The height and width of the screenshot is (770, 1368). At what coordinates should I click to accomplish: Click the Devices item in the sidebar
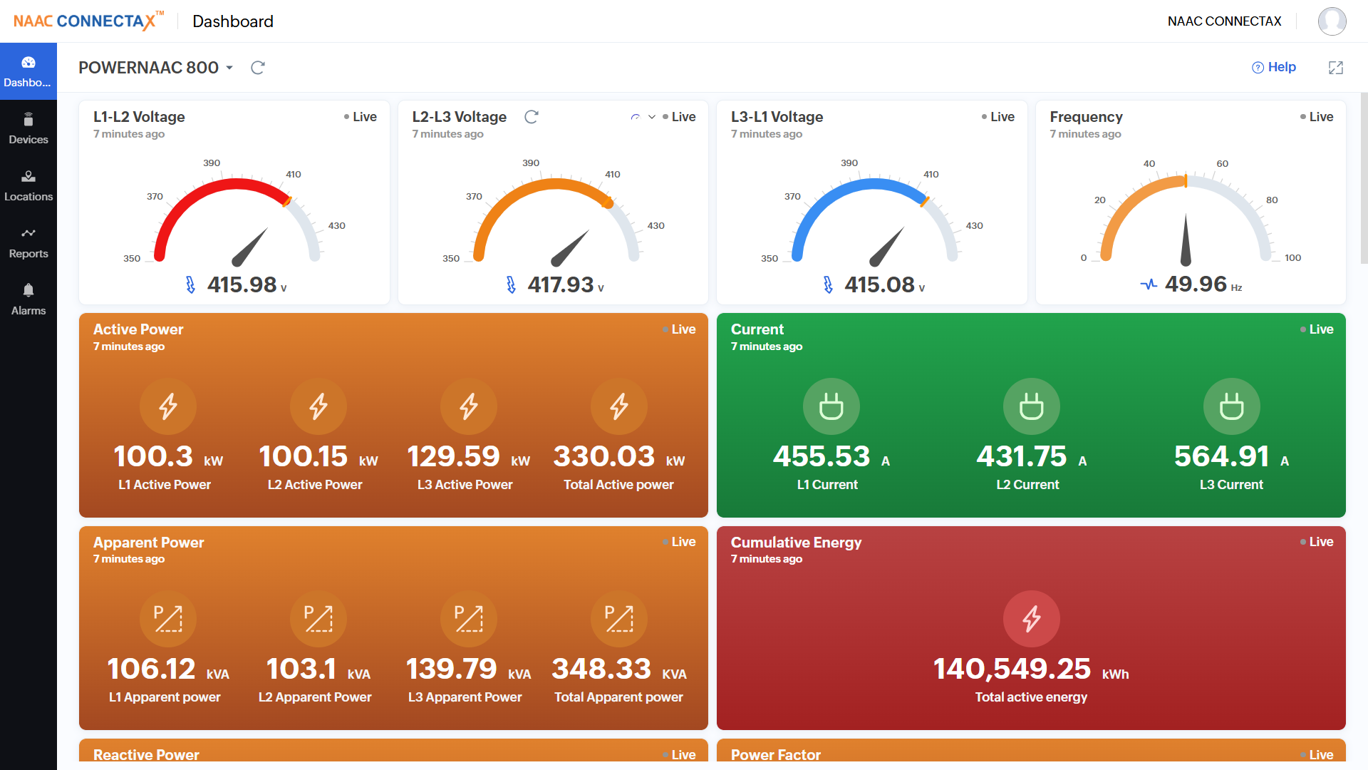coord(28,128)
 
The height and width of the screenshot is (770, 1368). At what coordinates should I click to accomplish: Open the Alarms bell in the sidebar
coord(28,299)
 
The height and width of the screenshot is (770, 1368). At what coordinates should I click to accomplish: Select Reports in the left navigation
coord(28,242)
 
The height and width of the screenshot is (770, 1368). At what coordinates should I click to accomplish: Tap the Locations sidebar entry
coord(28,185)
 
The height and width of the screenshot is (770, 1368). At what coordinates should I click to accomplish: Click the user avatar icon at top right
coord(1332,21)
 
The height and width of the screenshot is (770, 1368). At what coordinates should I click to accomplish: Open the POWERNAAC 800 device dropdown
coord(156,68)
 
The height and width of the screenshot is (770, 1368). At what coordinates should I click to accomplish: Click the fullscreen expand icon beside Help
coord(1336,68)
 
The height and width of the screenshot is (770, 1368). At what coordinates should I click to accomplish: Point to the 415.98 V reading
coord(242,285)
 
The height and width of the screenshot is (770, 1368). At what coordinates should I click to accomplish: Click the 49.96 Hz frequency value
coord(1196,284)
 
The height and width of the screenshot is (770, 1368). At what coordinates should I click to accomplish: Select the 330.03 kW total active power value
coord(604,457)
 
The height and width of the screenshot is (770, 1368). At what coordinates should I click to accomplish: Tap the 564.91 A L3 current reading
coord(1222,457)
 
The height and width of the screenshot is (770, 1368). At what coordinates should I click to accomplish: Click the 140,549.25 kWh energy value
coord(1012,669)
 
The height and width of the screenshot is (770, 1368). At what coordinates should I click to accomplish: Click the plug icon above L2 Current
coord(1031,406)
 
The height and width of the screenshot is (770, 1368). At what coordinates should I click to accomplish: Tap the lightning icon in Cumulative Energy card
coord(1031,619)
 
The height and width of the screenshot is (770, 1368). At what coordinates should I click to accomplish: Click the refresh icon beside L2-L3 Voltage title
coord(532,117)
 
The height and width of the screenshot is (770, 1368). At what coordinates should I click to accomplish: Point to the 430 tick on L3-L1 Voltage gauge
coord(974,226)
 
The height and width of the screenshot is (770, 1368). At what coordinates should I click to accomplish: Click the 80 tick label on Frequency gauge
coord(1272,200)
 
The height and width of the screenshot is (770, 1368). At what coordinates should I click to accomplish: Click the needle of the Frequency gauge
coord(1186,242)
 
